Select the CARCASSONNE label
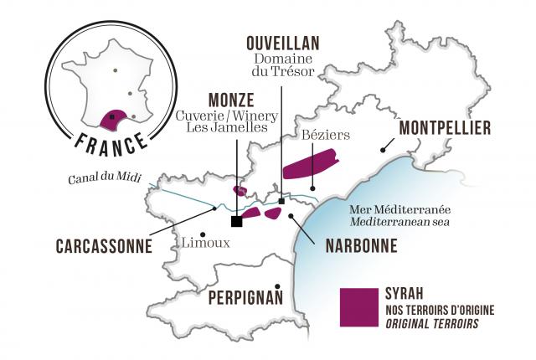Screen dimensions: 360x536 (x=104, y=247)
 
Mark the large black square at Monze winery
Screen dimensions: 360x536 (x=237, y=221)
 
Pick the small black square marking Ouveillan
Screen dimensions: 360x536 (x=282, y=201)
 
